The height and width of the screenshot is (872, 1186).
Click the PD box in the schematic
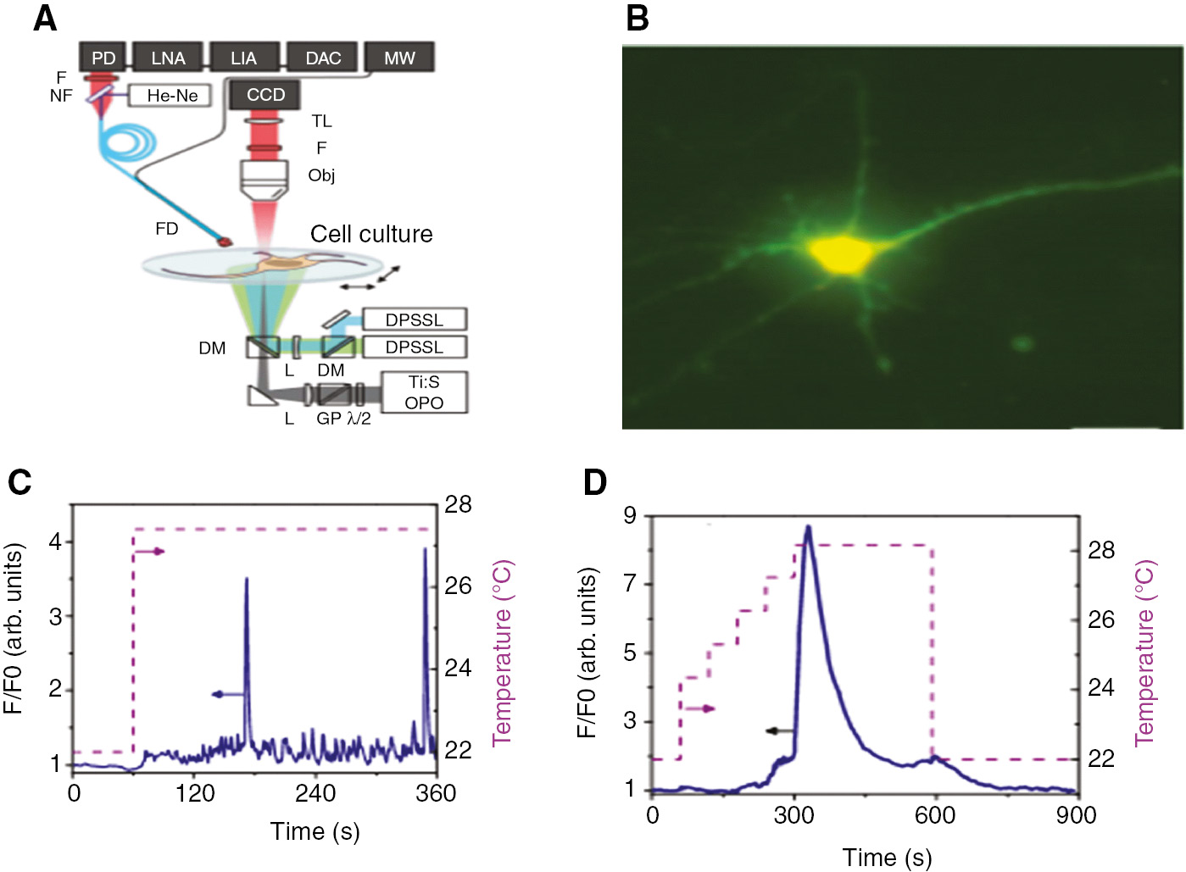pos(103,58)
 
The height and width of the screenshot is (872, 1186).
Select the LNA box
pos(168,58)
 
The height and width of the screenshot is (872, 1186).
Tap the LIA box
pos(244,58)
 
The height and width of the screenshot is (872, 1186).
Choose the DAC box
pos(323,58)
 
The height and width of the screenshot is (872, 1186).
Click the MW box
pos(399,58)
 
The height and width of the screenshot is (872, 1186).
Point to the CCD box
pos(265,95)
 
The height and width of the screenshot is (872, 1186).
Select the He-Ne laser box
pos(170,96)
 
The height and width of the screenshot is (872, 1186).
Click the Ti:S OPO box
pos(424,392)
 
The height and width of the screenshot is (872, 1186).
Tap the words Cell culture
pos(371,234)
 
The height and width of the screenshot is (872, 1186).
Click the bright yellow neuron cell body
pos(839,253)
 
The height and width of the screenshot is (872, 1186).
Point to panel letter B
pos(638,18)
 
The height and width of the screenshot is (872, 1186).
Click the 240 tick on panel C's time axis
pos(315,793)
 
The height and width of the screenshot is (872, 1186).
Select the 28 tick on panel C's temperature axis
pos(458,505)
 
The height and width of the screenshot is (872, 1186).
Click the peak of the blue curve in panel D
pos(808,527)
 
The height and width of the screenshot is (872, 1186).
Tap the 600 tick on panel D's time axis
pos(934,815)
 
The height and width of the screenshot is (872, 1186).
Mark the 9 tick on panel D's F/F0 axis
pos(630,515)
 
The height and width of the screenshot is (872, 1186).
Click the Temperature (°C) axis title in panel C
pos(503,652)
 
